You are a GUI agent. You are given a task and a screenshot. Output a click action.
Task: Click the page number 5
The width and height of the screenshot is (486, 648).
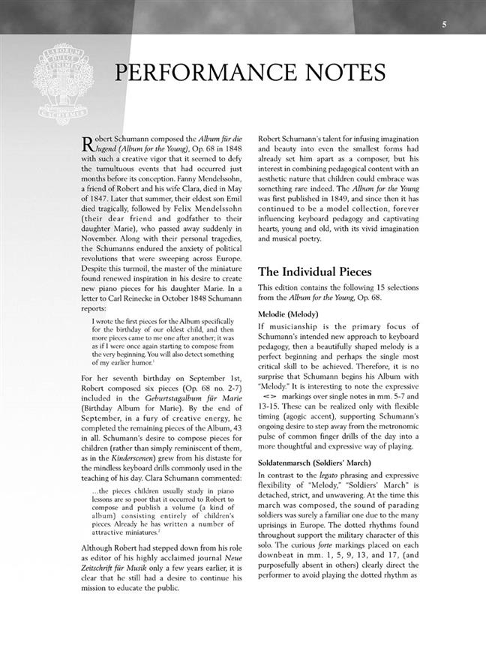coord(444,25)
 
